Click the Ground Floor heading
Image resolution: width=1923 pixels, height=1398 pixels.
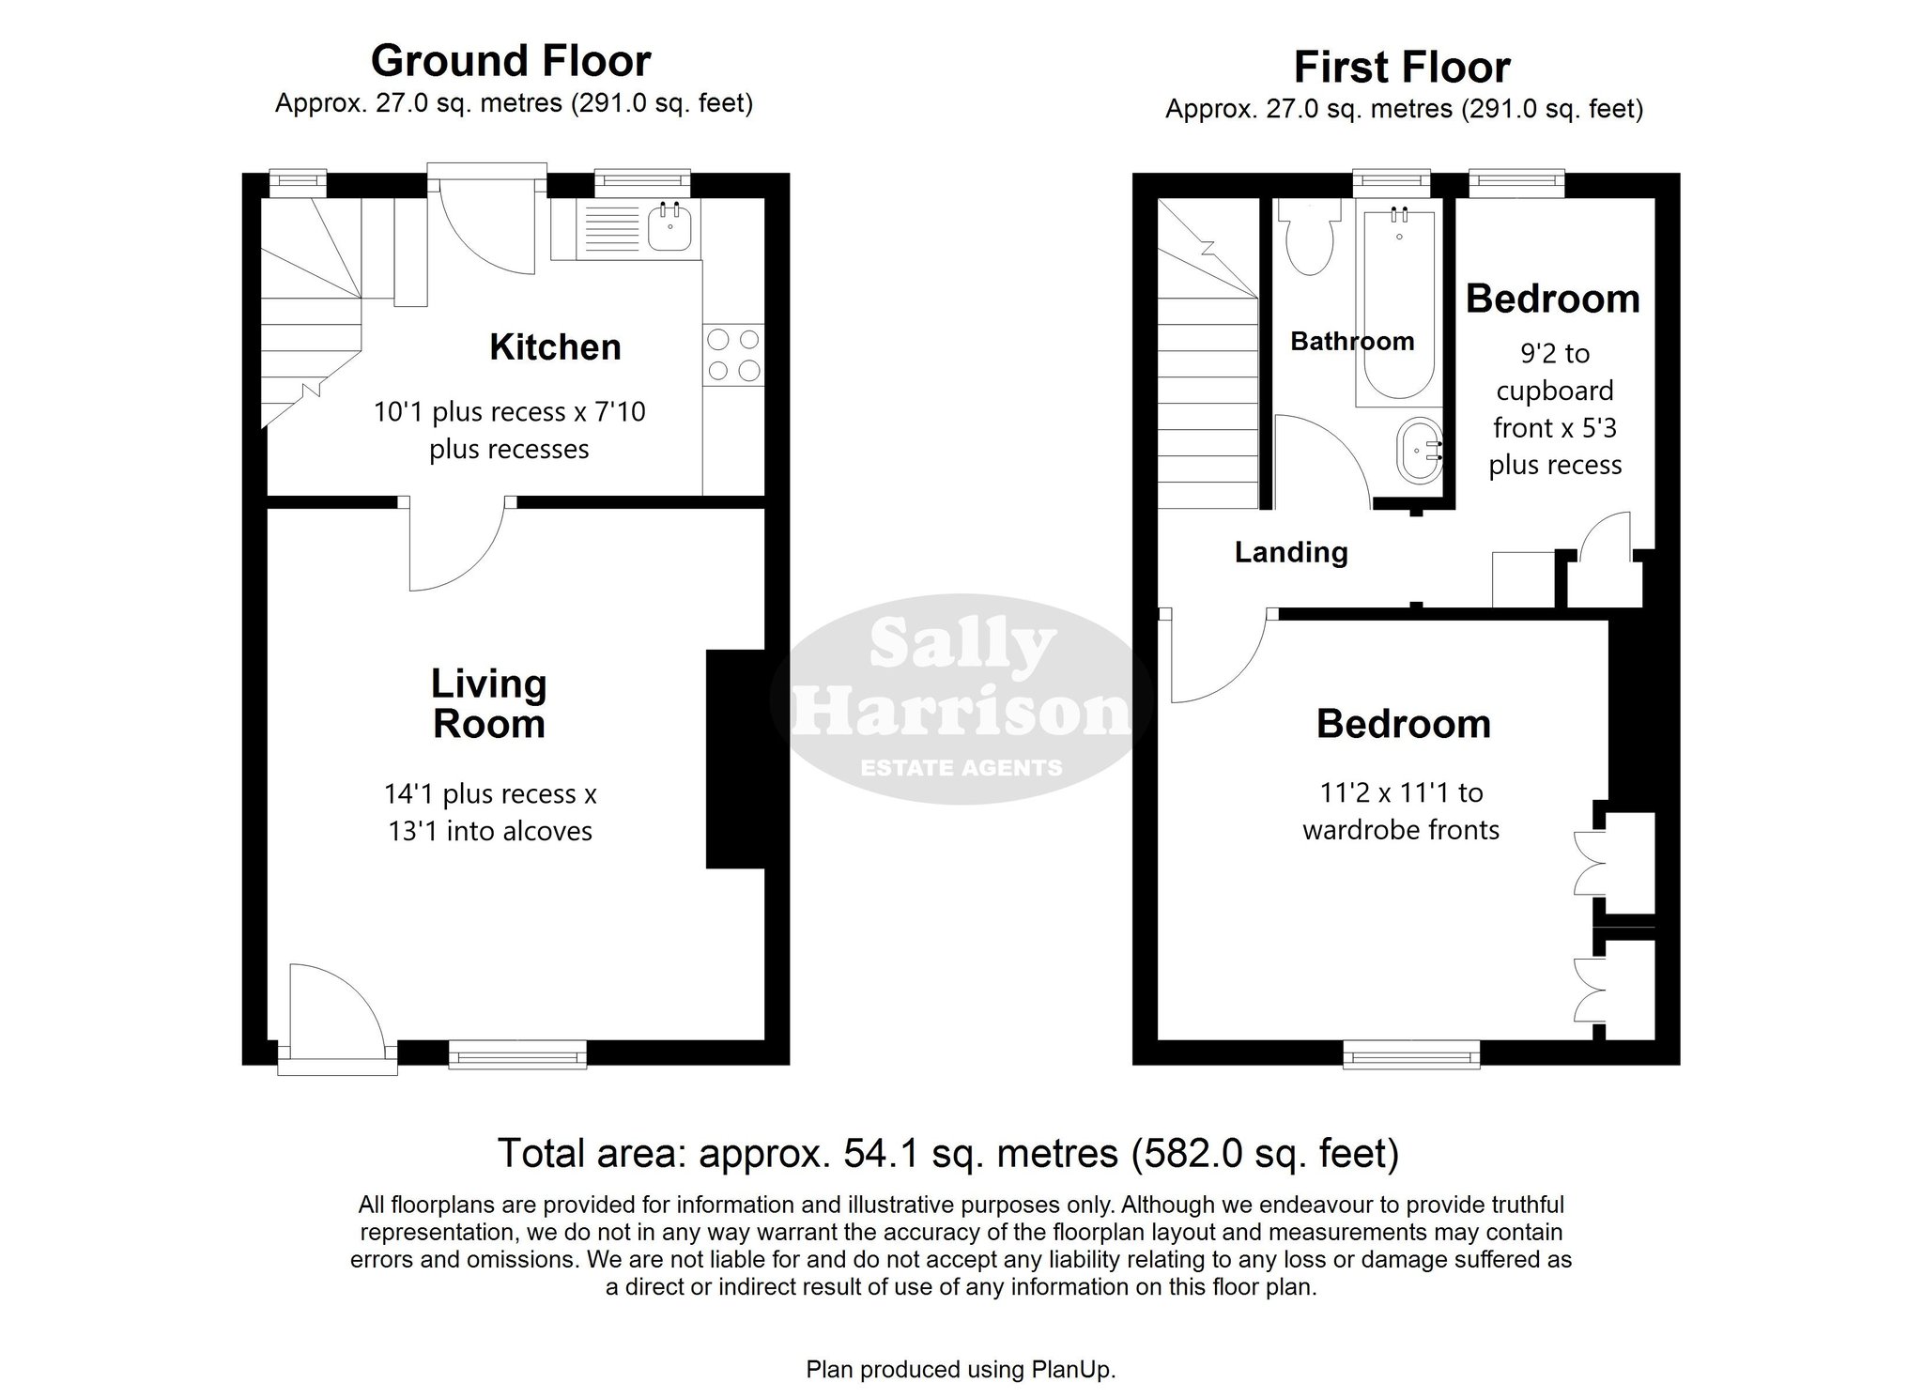click(x=511, y=61)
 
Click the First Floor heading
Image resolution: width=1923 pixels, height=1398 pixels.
click(x=1402, y=68)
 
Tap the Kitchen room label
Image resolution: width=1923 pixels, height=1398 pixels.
click(x=555, y=347)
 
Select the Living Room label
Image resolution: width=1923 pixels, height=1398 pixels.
click(x=488, y=704)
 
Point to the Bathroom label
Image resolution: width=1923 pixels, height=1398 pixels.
click(x=1352, y=341)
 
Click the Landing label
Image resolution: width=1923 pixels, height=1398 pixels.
click(x=1291, y=552)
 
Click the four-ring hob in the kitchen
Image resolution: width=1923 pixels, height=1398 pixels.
click(x=733, y=355)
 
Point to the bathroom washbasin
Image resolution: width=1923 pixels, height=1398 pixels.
click(x=1419, y=452)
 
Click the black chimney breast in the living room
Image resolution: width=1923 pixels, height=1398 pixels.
click(x=735, y=759)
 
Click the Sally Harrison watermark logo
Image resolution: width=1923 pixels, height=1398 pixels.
click(x=961, y=699)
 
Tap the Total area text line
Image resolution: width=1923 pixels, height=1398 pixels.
click(x=948, y=1154)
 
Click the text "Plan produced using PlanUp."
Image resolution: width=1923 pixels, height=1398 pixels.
click(x=961, y=1370)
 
